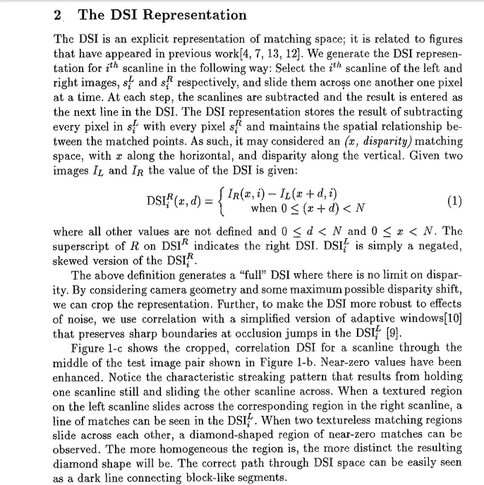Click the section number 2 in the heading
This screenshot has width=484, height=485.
pos(58,15)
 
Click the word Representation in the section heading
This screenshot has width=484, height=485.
pos(195,15)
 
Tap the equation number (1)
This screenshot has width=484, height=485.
pos(455,200)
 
